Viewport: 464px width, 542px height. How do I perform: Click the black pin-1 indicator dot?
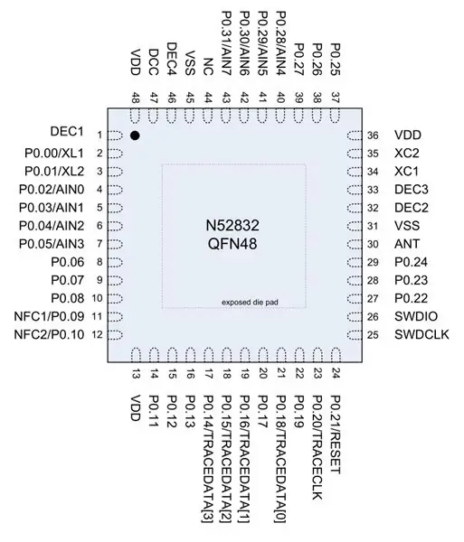click(135, 135)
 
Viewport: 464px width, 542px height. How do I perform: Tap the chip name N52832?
click(232, 226)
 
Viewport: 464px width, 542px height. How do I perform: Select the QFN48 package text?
click(232, 244)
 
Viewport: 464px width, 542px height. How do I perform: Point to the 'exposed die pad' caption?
click(250, 303)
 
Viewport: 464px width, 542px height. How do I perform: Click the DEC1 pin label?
click(67, 132)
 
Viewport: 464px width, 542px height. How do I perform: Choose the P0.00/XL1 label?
click(54, 154)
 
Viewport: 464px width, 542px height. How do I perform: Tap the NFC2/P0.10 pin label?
click(49, 334)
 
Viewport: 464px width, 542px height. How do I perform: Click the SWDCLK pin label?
click(421, 334)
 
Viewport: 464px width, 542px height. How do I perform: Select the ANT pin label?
click(407, 244)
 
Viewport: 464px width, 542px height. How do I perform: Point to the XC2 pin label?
click(406, 154)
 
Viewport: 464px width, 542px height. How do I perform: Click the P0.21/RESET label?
click(336, 435)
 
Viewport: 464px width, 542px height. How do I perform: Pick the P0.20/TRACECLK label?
click(317, 447)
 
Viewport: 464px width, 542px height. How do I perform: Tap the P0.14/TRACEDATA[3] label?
click(208, 459)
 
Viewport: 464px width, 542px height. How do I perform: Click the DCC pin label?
click(153, 62)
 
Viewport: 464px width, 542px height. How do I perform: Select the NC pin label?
click(208, 66)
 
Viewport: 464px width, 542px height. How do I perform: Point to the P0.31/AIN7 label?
click(226, 43)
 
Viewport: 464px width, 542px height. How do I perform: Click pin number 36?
click(373, 135)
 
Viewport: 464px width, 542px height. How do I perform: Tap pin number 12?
click(98, 334)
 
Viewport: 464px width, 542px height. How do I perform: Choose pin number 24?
click(336, 374)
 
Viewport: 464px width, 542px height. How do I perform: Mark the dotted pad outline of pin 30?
click(355, 244)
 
